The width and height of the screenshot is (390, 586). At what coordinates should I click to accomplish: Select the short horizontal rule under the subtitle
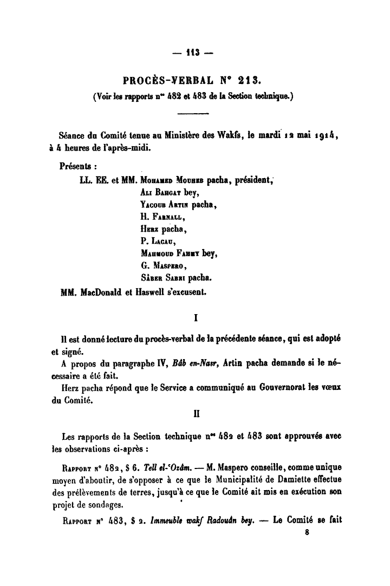[193, 113]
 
